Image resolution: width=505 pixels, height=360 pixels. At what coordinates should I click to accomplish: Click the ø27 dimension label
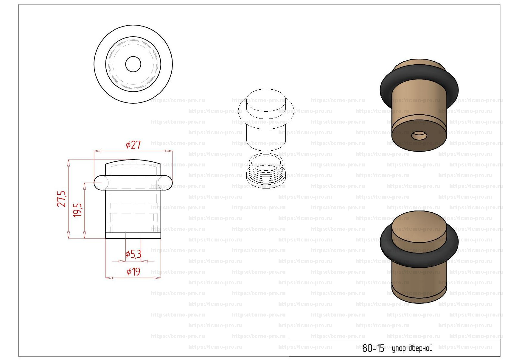click(133, 145)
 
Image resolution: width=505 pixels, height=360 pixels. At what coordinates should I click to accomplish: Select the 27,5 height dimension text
click(62, 199)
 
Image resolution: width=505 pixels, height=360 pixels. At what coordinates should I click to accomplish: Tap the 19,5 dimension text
click(77, 210)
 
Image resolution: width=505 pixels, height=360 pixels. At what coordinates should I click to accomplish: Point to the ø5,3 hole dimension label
click(133, 254)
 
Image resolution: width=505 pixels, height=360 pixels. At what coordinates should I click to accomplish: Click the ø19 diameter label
click(133, 272)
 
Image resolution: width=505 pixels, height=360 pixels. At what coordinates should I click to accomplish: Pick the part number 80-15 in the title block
click(373, 348)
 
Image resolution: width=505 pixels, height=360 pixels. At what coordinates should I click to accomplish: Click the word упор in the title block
click(398, 349)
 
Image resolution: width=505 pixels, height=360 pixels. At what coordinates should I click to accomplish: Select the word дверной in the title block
click(420, 348)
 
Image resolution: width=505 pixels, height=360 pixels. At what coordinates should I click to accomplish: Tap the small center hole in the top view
click(133, 64)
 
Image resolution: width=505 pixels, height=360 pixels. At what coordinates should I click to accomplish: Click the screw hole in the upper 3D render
click(419, 136)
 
